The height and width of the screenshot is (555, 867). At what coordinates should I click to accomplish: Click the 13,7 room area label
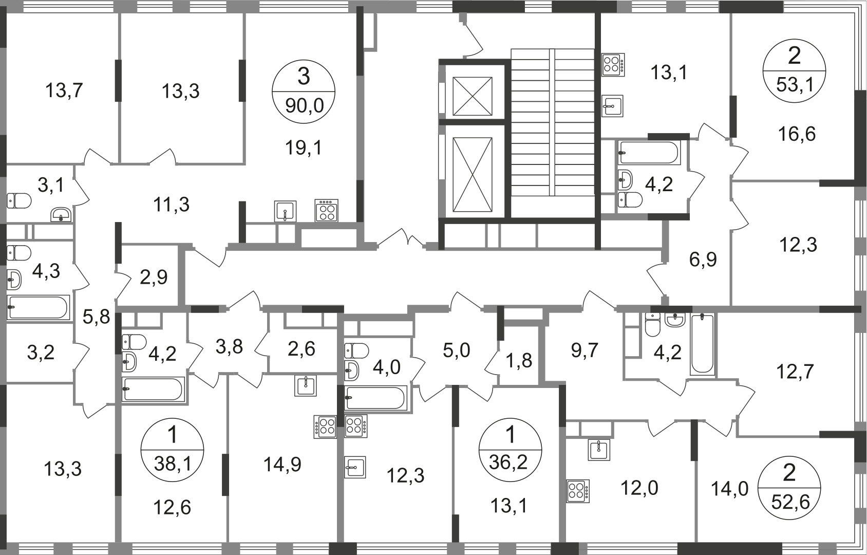click(64, 91)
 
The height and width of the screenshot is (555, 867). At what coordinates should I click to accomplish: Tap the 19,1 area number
click(304, 147)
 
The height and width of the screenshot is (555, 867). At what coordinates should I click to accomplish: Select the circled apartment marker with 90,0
click(304, 92)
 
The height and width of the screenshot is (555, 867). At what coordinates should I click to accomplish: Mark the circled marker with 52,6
click(789, 487)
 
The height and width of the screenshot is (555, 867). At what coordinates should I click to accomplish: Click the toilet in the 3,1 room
click(20, 200)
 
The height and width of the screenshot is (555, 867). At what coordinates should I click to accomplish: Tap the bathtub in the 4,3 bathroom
click(39, 307)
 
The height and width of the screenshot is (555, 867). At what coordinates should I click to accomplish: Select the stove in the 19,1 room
click(327, 210)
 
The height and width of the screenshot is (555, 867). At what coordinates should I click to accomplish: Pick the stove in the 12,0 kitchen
click(578, 491)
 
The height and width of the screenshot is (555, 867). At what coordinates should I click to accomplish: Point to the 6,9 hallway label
click(703, 260)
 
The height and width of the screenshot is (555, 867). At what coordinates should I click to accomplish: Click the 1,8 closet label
click(519, 361)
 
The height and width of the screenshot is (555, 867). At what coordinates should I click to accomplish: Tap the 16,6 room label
click(797, 134)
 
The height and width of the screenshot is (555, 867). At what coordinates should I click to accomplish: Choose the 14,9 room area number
click(282, 465)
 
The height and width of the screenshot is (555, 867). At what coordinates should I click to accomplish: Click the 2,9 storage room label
click(154, 277)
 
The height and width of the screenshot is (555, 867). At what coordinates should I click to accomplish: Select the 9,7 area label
click(585, 350)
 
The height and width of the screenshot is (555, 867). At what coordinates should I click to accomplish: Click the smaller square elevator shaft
click(472, 97)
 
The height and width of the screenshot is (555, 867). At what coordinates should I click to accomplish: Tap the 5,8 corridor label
click(97, 317)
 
